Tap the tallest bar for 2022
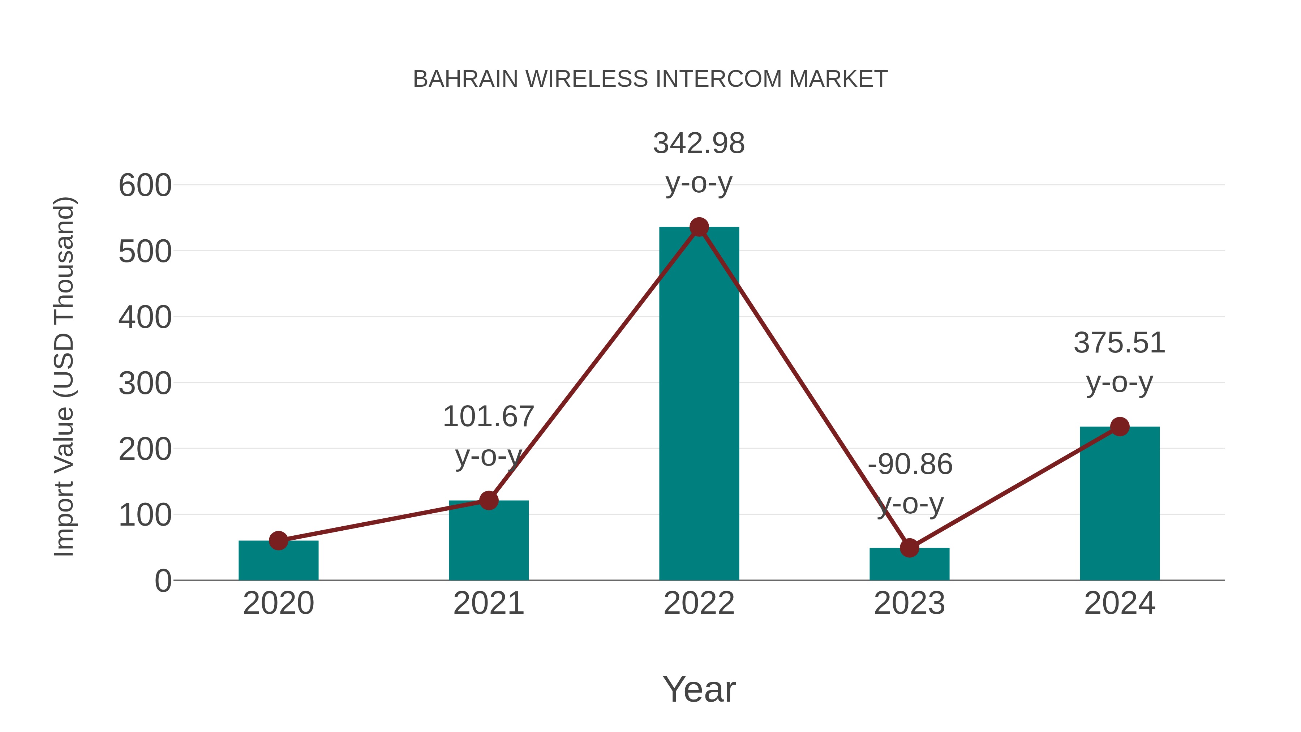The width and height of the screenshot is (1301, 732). [699, 404]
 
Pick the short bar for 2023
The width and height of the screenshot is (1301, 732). [909, 564]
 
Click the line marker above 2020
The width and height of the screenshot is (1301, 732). [278, 540]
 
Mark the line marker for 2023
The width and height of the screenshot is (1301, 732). [909, 548]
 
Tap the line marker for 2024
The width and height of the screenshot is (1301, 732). [1120, 427]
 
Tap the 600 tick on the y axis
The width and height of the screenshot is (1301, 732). [145, 185]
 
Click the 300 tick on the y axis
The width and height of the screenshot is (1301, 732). [145, 384]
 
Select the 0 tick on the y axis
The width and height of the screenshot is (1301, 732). [163, 581]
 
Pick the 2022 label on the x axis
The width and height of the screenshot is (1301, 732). [699, 603]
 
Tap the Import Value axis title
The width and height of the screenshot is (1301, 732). [65, 376]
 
